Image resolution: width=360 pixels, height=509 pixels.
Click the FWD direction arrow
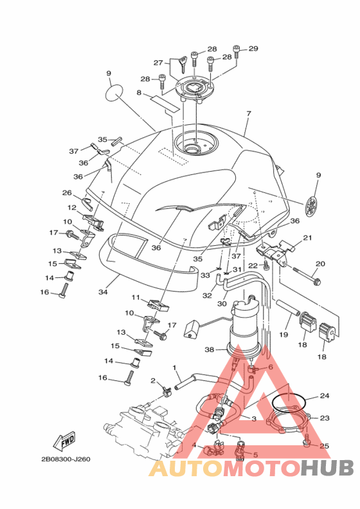pos(64,441)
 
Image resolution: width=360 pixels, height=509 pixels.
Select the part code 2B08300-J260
pos(66,459)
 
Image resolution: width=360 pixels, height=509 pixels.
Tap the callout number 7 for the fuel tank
pos(249,114)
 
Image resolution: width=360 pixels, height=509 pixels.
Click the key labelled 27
pos(183,64)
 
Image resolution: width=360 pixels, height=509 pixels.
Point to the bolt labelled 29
pos(236,52)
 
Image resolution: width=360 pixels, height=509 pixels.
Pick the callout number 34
pos(103,292)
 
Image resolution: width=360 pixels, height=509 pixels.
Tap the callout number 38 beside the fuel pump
pos(210,349)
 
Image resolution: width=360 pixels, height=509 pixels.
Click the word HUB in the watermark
pos(327,468)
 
